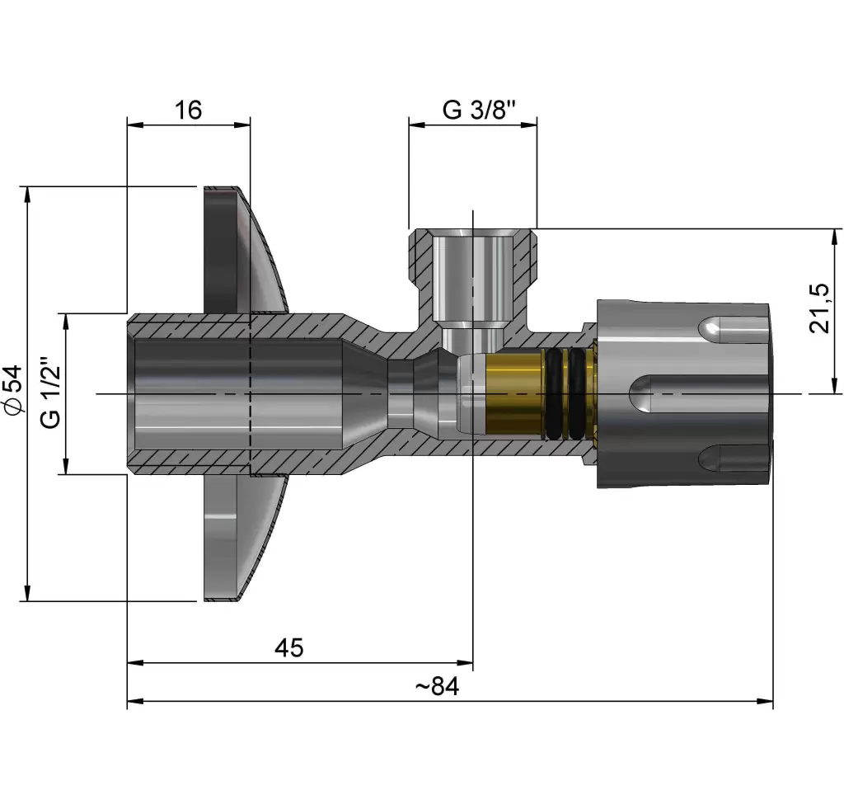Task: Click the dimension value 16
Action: click(188, 110)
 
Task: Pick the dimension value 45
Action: click(288, 648)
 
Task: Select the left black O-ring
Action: click(554, 393)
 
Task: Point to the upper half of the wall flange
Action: click(239, 247)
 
